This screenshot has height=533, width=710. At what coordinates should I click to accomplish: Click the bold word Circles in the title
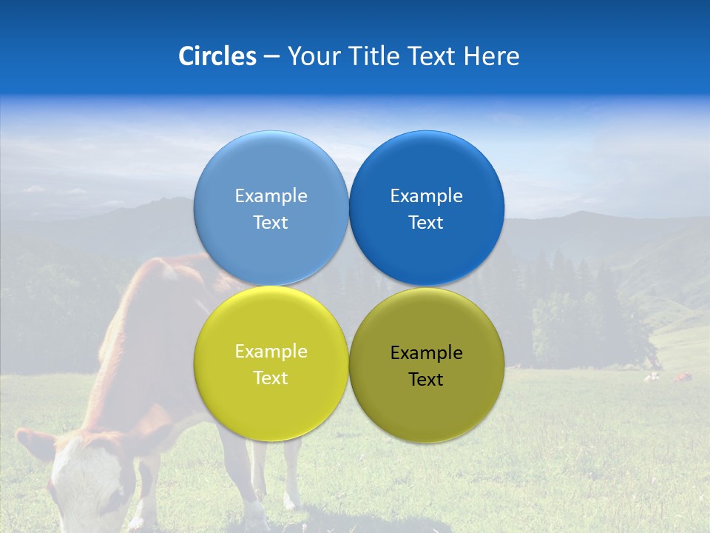click(217, 56)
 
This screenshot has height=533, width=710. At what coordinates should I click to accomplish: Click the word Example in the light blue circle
click(271, 196)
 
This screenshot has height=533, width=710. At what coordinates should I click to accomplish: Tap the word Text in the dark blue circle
click(426, 223)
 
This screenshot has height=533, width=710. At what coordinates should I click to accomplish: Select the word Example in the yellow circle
click(271, 352)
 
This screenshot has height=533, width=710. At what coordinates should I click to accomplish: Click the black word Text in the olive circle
click(426, 380)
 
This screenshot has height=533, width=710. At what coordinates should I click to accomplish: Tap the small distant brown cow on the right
click(682, 378)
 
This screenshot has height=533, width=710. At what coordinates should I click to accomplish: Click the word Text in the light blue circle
click(271, 223)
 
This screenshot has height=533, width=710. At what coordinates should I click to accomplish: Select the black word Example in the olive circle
click(426, 353)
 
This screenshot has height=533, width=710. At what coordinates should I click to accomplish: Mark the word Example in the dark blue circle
click(426, 196)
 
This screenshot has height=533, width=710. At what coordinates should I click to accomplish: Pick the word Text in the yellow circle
click(271, 378)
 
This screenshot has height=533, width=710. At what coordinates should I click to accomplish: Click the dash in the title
click(271, 57)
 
